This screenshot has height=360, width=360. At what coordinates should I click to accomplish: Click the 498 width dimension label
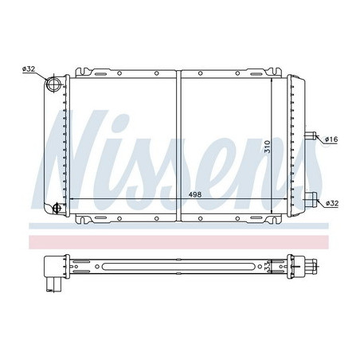(x=195, y=194)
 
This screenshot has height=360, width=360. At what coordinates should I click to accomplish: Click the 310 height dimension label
(x=268, y=147)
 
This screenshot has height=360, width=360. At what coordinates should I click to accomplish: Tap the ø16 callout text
(x=331, y=139)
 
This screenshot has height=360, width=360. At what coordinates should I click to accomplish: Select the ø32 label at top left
(x=29, y=69)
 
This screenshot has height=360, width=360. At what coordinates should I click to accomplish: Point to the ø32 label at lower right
(x=332, y=203)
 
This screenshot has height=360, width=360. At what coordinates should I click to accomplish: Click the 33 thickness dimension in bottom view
(x=268, y=266)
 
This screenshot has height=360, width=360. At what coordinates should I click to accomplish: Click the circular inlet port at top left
(x=53, y=84)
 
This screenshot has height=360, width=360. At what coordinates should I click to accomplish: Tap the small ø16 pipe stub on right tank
(x=311, y=135)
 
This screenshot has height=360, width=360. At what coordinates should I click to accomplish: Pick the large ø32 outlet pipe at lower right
(x=311, y=200)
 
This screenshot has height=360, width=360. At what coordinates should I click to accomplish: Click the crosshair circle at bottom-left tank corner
(x=57, y=208)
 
